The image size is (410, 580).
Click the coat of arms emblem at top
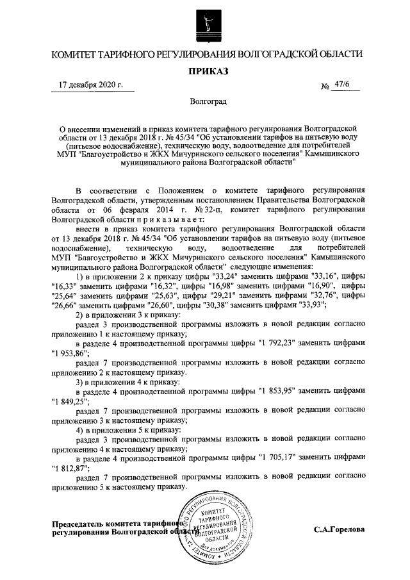205,23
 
